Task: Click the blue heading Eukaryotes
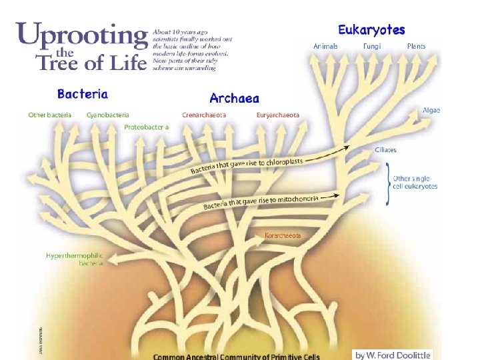click(371, 30)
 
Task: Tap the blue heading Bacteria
click(83, 94)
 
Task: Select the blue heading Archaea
click(235, 99)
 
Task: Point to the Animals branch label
click(325, 47)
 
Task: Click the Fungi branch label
click(373, 47)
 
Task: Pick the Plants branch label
click(416, 47)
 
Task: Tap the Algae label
click(431, 110)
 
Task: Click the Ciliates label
click(385, 150)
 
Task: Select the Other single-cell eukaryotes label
click(415, 182)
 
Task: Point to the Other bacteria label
click(49, 115)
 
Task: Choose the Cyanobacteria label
click(108, 115)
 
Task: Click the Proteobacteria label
click(146, 127)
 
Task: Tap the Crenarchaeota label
click(204, 115)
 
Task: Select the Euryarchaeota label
click(278, 115)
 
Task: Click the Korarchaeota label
click(283, 235)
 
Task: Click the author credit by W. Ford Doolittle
click(393, 355)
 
